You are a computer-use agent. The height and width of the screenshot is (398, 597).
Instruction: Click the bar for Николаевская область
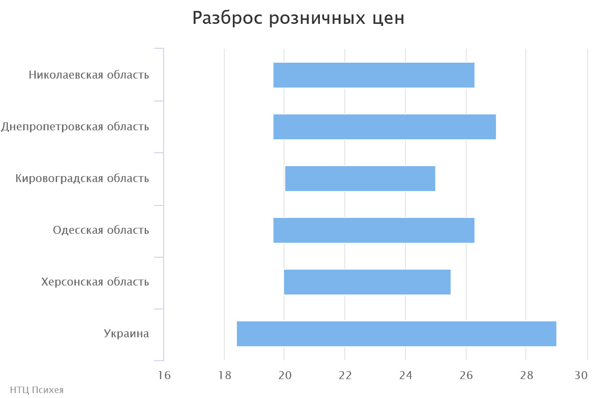(x=374, y=75)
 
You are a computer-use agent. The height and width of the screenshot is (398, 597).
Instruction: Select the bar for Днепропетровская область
(x=385, y=127)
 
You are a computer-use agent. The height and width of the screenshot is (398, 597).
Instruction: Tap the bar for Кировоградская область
(x=360, y=179)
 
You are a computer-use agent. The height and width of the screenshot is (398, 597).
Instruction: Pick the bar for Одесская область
(x=374, y=230)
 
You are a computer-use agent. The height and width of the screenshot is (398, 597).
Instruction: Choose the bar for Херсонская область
(x=367, y=282)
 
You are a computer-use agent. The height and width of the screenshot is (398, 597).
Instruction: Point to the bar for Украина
(x=397, y=334)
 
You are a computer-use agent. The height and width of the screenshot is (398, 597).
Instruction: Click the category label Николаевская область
(x=89, y=75)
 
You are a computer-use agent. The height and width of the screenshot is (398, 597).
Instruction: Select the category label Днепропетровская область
(x=75, y=127)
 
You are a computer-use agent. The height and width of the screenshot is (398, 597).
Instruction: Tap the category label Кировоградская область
(x=82, y=179)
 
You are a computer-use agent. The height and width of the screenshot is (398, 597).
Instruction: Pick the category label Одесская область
(x=101, y=230)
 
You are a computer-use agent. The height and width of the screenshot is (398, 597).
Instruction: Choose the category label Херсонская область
(x=95, y=282)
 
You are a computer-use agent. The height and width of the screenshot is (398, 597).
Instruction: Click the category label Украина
(x=126, y=334)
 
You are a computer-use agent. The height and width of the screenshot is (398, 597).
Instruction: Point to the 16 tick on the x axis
(x=164, y=376)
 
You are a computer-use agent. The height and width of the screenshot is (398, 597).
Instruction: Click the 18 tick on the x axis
(x=224, y=376)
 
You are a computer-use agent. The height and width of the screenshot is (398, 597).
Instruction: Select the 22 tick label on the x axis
(x=345, y=376)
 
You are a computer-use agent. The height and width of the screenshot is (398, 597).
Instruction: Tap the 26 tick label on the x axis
(x=466, y=376)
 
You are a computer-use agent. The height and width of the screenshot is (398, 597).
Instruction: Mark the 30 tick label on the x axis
(x=581, y=376)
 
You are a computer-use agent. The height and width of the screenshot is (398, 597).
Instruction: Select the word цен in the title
(x=389, y=18)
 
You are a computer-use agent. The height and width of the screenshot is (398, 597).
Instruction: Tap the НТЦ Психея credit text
(x=37, y=390)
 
